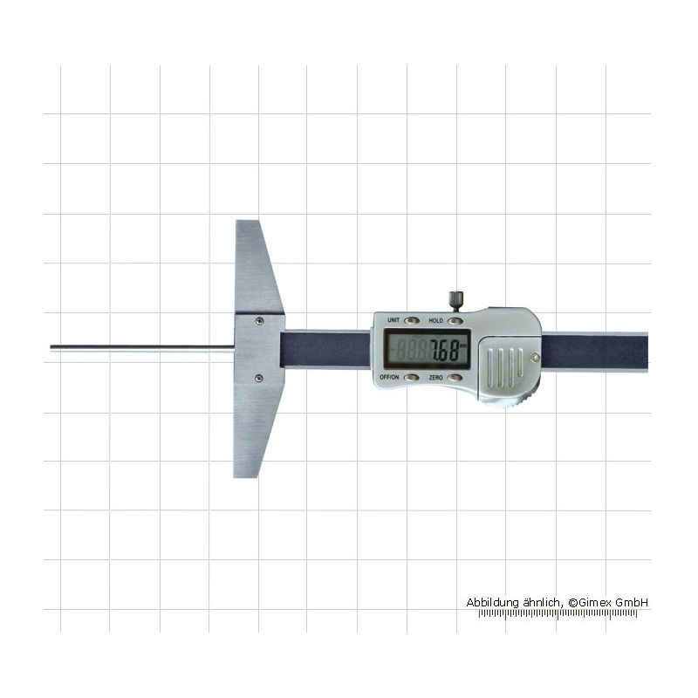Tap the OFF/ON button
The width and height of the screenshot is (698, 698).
pos(411,378)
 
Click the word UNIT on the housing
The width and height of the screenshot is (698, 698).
pos(393,320)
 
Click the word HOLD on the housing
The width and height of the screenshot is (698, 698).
pos(435,320)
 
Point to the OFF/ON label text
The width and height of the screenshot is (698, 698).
pos(388,378)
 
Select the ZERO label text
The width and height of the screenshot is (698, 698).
pos(435,378)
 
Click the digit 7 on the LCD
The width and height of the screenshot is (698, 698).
pos(435,350)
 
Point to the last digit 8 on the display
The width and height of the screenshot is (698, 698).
pos(453,350)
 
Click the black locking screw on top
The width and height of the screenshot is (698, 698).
pos(455,300)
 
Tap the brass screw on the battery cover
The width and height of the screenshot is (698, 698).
pos(536,356)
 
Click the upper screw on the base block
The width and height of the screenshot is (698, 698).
pos(259,320)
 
